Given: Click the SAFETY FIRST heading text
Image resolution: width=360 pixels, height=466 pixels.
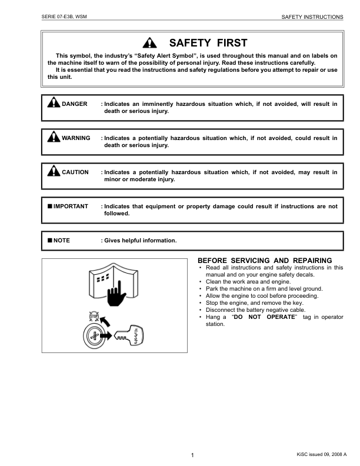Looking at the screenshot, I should coord(208,42).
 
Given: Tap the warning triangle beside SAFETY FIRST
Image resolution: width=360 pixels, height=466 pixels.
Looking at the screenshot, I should coord(152,43).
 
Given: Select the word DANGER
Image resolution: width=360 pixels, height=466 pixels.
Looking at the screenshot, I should coord(75,104).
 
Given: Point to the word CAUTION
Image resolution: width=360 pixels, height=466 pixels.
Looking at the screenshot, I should coord(75,172).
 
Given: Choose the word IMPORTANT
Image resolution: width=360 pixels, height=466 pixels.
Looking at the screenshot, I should coord(71,207).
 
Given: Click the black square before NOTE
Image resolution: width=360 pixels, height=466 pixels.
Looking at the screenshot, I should coord(50,240).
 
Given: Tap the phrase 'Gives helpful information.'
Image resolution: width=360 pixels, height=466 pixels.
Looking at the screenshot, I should coord(140,240).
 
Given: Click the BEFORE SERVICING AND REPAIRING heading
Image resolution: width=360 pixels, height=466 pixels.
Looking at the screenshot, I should coord(265,260).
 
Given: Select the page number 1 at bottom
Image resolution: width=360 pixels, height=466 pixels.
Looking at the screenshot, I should coord(192,455).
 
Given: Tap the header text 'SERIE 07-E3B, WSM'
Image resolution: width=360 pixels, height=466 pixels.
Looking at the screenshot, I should coord(65,17).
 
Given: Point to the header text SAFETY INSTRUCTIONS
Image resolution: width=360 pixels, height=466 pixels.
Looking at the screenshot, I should coord(312,17).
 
